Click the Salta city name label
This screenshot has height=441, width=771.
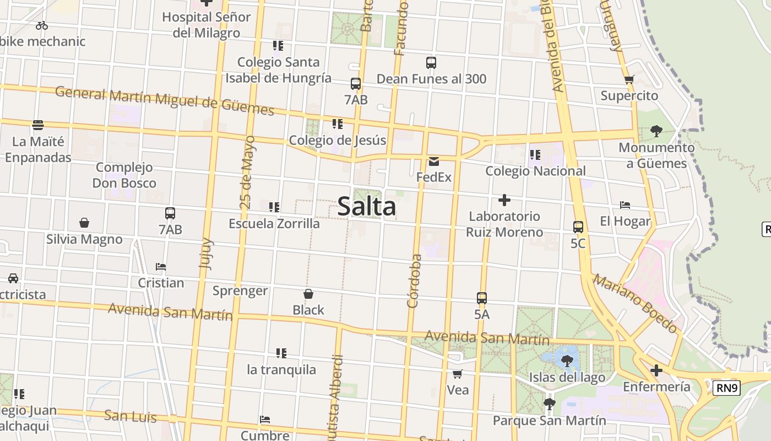click(366, 207)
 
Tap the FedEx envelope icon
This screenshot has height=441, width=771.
click(434, 162)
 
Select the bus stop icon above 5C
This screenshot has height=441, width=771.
click(578, 227)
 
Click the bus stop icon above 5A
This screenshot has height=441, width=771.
click(482, 298)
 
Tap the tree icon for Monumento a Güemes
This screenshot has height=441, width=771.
click(656, 131)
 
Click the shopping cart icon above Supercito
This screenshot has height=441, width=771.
click(629, 79)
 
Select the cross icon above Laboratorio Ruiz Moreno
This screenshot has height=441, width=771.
click(504, 200)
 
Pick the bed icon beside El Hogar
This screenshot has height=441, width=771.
click(625, 205)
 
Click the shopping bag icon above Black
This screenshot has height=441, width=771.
click(308, 294)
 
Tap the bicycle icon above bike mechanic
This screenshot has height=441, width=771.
click(42, 25)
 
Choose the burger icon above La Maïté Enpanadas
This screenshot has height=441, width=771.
click(38, 125)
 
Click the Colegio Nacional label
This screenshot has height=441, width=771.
click(535, 171)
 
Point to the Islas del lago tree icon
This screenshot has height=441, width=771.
click(567, 361)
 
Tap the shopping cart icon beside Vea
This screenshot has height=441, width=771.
click(457, 374)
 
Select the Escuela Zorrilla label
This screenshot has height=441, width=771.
click(274, 223)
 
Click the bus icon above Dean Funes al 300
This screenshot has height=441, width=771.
click(431, 63)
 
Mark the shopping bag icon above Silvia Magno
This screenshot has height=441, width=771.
click(84, 223)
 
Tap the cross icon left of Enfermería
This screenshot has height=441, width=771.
click(656, 370)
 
